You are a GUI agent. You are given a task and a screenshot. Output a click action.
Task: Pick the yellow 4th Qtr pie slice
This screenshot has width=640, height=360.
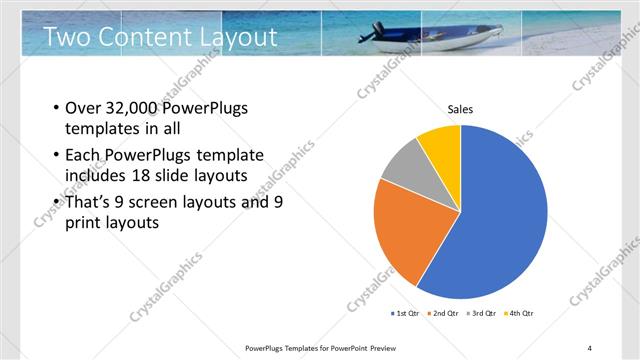tap(441, 145)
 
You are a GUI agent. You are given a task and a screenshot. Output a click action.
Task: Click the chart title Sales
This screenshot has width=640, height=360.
tap(460, 109)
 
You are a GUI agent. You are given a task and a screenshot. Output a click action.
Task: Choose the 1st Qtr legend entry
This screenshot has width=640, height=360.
tap(406, 313)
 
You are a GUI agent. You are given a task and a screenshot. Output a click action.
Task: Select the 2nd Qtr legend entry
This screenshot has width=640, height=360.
tap(444, 313)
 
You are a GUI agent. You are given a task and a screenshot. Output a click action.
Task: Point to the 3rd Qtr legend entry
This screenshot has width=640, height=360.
tap(482, 313)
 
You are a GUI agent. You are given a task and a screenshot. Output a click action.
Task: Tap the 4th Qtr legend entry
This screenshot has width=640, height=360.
tap(520, 313)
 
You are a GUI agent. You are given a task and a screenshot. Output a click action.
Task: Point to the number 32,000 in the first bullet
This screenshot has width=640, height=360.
tap(132, 108)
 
